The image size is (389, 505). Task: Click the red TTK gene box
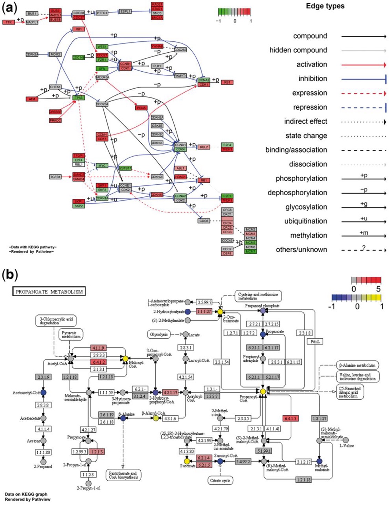(x=9, y=22)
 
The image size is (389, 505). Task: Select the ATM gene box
(x=32, y=99)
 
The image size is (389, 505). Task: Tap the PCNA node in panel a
(x=141, y=108)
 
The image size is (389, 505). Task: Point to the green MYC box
(x=102, y=166)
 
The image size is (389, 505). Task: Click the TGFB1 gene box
(x=55, y=177)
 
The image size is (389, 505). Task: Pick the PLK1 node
(x=157, y=66)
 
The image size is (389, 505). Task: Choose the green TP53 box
(x=79, y=98)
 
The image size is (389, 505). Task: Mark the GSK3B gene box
(x=157, y=126)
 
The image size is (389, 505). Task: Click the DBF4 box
(x=227, y=254)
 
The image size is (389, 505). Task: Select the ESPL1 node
(x=125, y=12)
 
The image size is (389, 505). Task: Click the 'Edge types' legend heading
(x=325, y=6)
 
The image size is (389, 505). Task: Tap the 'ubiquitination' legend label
(x=305, y=221)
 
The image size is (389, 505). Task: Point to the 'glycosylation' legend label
(x=306, y=207)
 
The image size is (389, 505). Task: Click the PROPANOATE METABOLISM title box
(x=49, y=292)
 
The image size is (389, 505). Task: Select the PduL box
(x=315, y=341)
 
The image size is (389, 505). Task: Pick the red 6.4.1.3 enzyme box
(x=290, y=418)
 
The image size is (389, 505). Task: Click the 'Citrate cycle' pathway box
(x=220, y=481)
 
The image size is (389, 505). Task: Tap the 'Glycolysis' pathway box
(x=158, y=334)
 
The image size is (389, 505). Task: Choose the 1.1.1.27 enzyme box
(x=204, y=311)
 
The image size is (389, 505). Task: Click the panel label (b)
(x=10, y=275)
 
